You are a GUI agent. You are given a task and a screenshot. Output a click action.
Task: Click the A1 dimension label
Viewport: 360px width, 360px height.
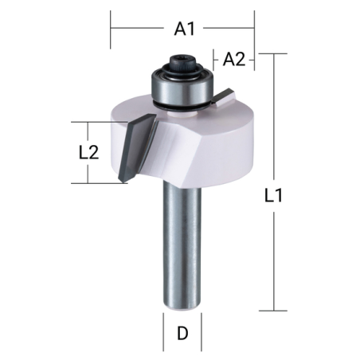[x=185, y=29]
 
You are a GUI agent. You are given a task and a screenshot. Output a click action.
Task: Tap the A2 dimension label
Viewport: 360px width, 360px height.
[x=234, y=59]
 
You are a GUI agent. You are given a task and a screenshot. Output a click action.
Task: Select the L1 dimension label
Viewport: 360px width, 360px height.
[x=273, y=196]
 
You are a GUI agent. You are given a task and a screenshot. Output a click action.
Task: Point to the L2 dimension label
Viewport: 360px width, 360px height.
[x=89, y=153]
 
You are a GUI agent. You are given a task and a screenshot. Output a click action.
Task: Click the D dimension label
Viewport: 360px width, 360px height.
[x=182, y=333]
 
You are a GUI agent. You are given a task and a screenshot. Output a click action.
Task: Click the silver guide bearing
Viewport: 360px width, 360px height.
[x=182, y=86]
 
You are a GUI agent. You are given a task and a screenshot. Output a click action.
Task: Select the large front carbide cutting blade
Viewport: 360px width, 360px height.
[x=138, y=147]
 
